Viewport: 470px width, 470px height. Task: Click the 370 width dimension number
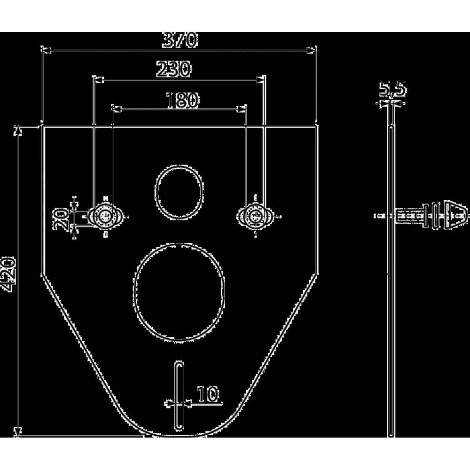pyautogui.click(x=180, y=40)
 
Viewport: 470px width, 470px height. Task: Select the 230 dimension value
pyautogui.click(x=173, y=69)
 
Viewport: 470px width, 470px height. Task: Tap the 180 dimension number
pyautogui.click(x=182, y=100)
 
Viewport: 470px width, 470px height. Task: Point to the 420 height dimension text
pyautogui.click(x=8, y=274)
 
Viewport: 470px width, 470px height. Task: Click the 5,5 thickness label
pyautogui.click(x=392, y=89)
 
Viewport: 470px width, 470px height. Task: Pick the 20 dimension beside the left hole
pyautogui.click(x=61, y=219)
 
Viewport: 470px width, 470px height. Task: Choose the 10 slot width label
pyautogui.click(x=208, y=394)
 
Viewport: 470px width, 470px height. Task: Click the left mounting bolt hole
pyautogui.click(x=105, y=216)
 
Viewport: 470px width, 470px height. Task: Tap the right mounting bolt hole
pyautogui.click(x=255, y=216)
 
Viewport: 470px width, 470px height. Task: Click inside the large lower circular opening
pyautogui.click(x=179, y=292)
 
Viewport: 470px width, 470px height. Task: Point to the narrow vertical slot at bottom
pyautogui.click(x=179, y=396)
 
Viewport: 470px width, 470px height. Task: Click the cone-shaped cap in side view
pyautogui.click(x=455, y=216)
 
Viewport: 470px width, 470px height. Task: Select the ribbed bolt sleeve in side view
pyautogui.click(x=411, y=216)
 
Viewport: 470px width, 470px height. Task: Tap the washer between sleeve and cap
pyautogui.click(x=436, y=216)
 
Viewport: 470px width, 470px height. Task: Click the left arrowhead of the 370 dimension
pyautogui.click(x=46, y=51)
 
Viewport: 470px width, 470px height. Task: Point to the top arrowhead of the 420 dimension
pyautogui.click(x=18, y=131)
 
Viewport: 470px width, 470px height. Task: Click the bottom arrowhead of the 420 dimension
pyautogui.click(x=18, y=431)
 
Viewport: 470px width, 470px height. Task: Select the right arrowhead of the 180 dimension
pyautogui.click(x=241, y=109)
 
